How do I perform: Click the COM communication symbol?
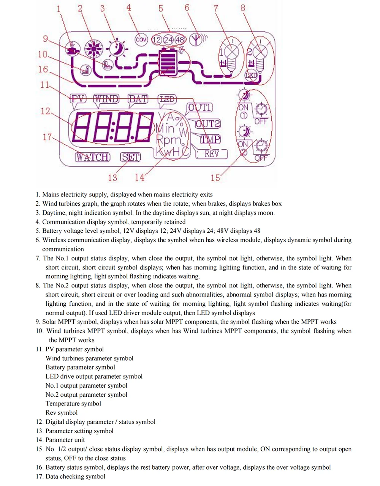[x=141, y=39]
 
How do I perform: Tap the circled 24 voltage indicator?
[x=168, y=39]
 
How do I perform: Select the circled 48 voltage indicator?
[x=180, y=39]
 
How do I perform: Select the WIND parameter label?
[x=106, y=99]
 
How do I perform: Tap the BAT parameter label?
[x=138, y=99]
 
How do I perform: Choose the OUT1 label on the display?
[x=199, y=108]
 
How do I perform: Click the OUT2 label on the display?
[x=207, y=124]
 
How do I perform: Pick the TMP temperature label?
[x=210, y=139]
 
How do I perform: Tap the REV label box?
[x=212, y=154]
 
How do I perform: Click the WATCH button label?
[x=92, y=157]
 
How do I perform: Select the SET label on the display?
[x=130, y=157]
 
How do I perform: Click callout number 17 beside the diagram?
[x=47, y=137]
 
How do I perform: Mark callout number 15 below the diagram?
[x=215, y=177]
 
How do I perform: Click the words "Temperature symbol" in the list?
[x=73, y=404]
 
